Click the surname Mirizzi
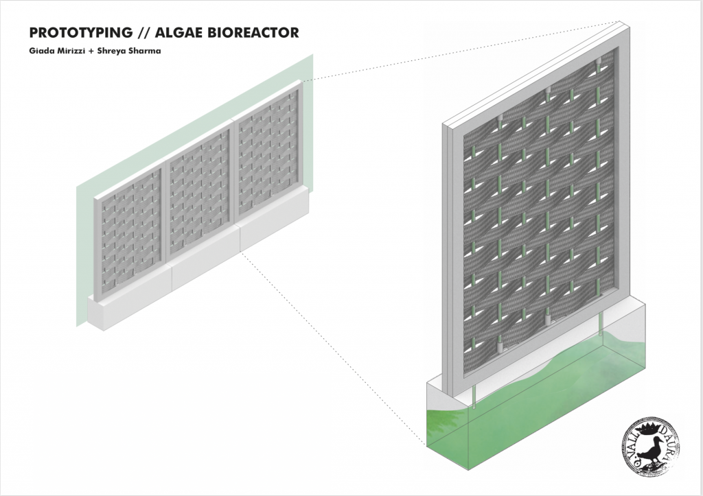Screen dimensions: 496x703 click(71, 50)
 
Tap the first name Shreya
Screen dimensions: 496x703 click(113, 50)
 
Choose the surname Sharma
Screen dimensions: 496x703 click(145, 50)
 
